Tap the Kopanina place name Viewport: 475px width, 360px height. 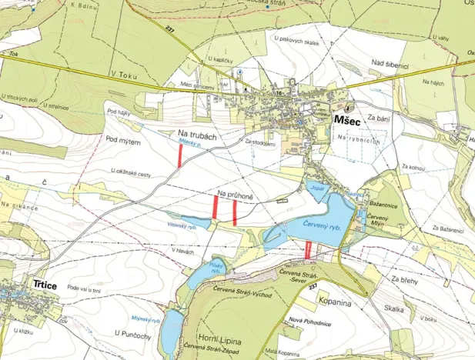[x=333, y=303]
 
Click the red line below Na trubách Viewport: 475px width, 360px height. [x=180, y=156]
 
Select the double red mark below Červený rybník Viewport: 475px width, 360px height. [x=309, y=249]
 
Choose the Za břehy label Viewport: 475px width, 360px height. [x=404, y=279]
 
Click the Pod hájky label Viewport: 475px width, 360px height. [x=121, y=111]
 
